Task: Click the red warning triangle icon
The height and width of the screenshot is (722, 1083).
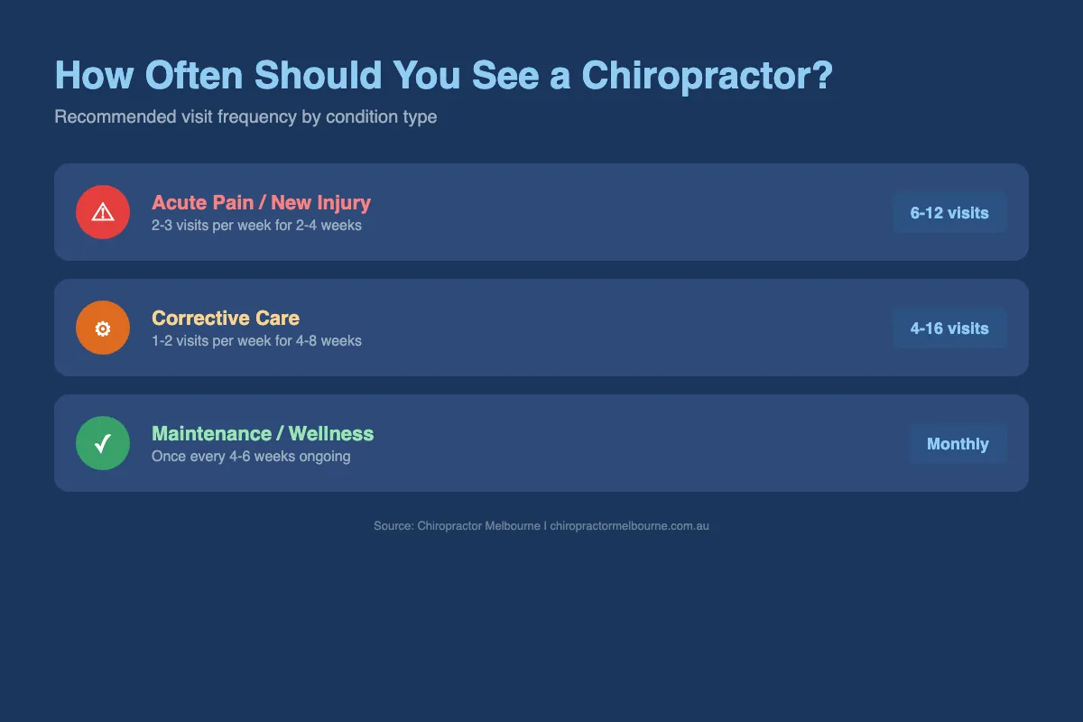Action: [x=103, y=212]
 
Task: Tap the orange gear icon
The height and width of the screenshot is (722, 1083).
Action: [x=103, y=328]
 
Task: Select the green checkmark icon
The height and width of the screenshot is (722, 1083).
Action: [x=103, y=443]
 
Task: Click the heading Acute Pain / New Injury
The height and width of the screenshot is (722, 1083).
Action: [x=261, y=202]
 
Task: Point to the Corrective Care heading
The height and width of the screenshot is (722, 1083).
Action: [x=226, y=318]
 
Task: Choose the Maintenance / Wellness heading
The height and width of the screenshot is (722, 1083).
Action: [x=263, y=433]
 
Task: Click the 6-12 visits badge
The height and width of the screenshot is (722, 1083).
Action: [x=949, y=213]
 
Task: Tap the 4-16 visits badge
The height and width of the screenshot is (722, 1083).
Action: [x=949, y=329]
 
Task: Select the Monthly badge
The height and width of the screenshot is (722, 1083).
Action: [x=958, y=444]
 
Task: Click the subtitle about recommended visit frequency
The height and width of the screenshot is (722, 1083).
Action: [x=245, y=117]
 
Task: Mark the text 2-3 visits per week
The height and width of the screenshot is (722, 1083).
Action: [x=213, y=225]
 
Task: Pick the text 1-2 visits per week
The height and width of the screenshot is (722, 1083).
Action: [x=213, y=340]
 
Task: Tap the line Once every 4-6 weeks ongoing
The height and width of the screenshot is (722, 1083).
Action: [x=251, y=456]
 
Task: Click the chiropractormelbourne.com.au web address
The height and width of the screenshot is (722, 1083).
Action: [x=629, y=525]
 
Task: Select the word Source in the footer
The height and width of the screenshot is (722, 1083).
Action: [x=393, y=525]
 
